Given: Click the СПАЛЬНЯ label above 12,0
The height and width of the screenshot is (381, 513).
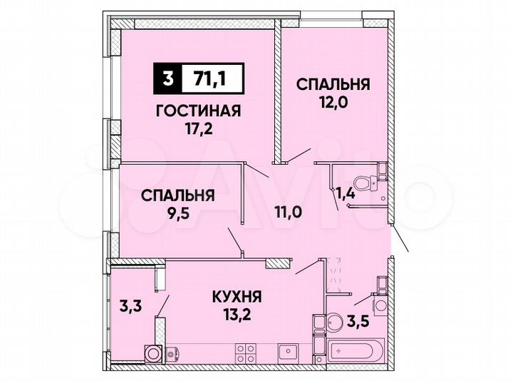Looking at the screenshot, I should click(x=333, y=84).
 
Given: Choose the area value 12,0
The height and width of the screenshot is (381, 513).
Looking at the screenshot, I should click(x=333, y=103).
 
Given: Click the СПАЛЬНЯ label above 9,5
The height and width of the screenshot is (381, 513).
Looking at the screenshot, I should click(x=177, y=195).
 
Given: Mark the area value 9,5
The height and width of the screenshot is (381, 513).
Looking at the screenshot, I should click(x=177, y=213).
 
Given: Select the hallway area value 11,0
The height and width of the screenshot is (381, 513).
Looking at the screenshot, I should click(x=290, y=211).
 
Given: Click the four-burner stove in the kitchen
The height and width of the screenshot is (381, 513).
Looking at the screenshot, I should click(x=246, y=352).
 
